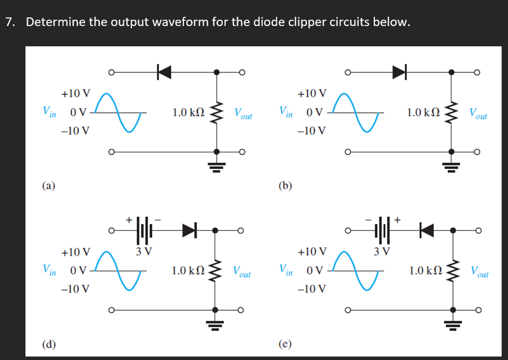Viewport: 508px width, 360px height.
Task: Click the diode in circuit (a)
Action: (x=164, y=72)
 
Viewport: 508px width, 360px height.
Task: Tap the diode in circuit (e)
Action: (x=426, y=230)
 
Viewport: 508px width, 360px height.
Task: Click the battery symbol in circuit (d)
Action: (x=144, y=230)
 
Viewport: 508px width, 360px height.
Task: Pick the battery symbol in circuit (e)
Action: (x=382, y=230)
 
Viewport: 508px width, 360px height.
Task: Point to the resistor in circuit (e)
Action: (x=452, y=270)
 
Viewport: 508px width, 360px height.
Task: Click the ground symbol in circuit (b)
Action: (x=452, y=166)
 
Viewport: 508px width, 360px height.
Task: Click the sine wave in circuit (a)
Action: (x=119, y=112)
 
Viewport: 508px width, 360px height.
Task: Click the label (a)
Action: (x=49, y=186)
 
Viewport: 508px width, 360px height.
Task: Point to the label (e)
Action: (x=285, y=344)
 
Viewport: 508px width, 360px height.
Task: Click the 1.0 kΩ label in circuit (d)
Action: (x=187, y=270)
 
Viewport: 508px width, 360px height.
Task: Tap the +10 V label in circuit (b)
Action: (x=312, y=93)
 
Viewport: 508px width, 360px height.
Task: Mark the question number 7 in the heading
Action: (x=9, y=23)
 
